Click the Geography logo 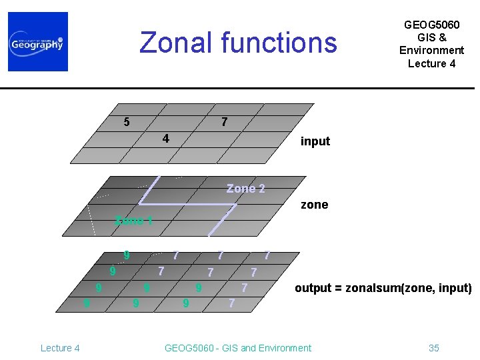point(38,42)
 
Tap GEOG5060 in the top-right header point(431,25)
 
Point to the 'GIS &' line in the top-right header point(431,37)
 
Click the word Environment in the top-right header point(431,50)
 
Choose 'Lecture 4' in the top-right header point(431,63)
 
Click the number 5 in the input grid point(127,122)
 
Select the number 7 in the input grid point(225,122)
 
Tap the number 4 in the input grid point(166,139)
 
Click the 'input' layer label point(315,141)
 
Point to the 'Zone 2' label point(245,189)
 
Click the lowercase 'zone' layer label point(314,205)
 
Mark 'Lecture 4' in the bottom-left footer point(60,347)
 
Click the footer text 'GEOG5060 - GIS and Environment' point(237,347)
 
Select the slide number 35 point(433,347)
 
